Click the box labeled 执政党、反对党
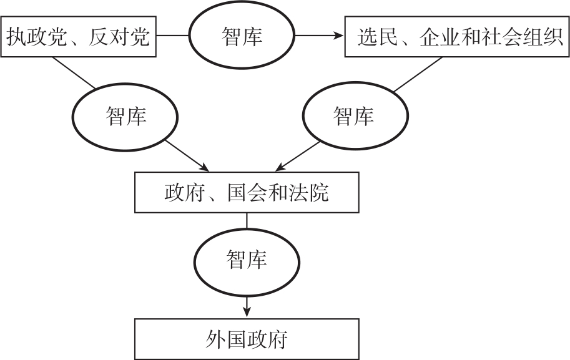[x=79, y=37]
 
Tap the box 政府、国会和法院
[x=247, y=193]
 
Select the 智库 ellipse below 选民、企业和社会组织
[x=354, y=117]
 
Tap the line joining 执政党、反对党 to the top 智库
[x=173, y=36]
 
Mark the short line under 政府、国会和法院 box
[x=247, y=220]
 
